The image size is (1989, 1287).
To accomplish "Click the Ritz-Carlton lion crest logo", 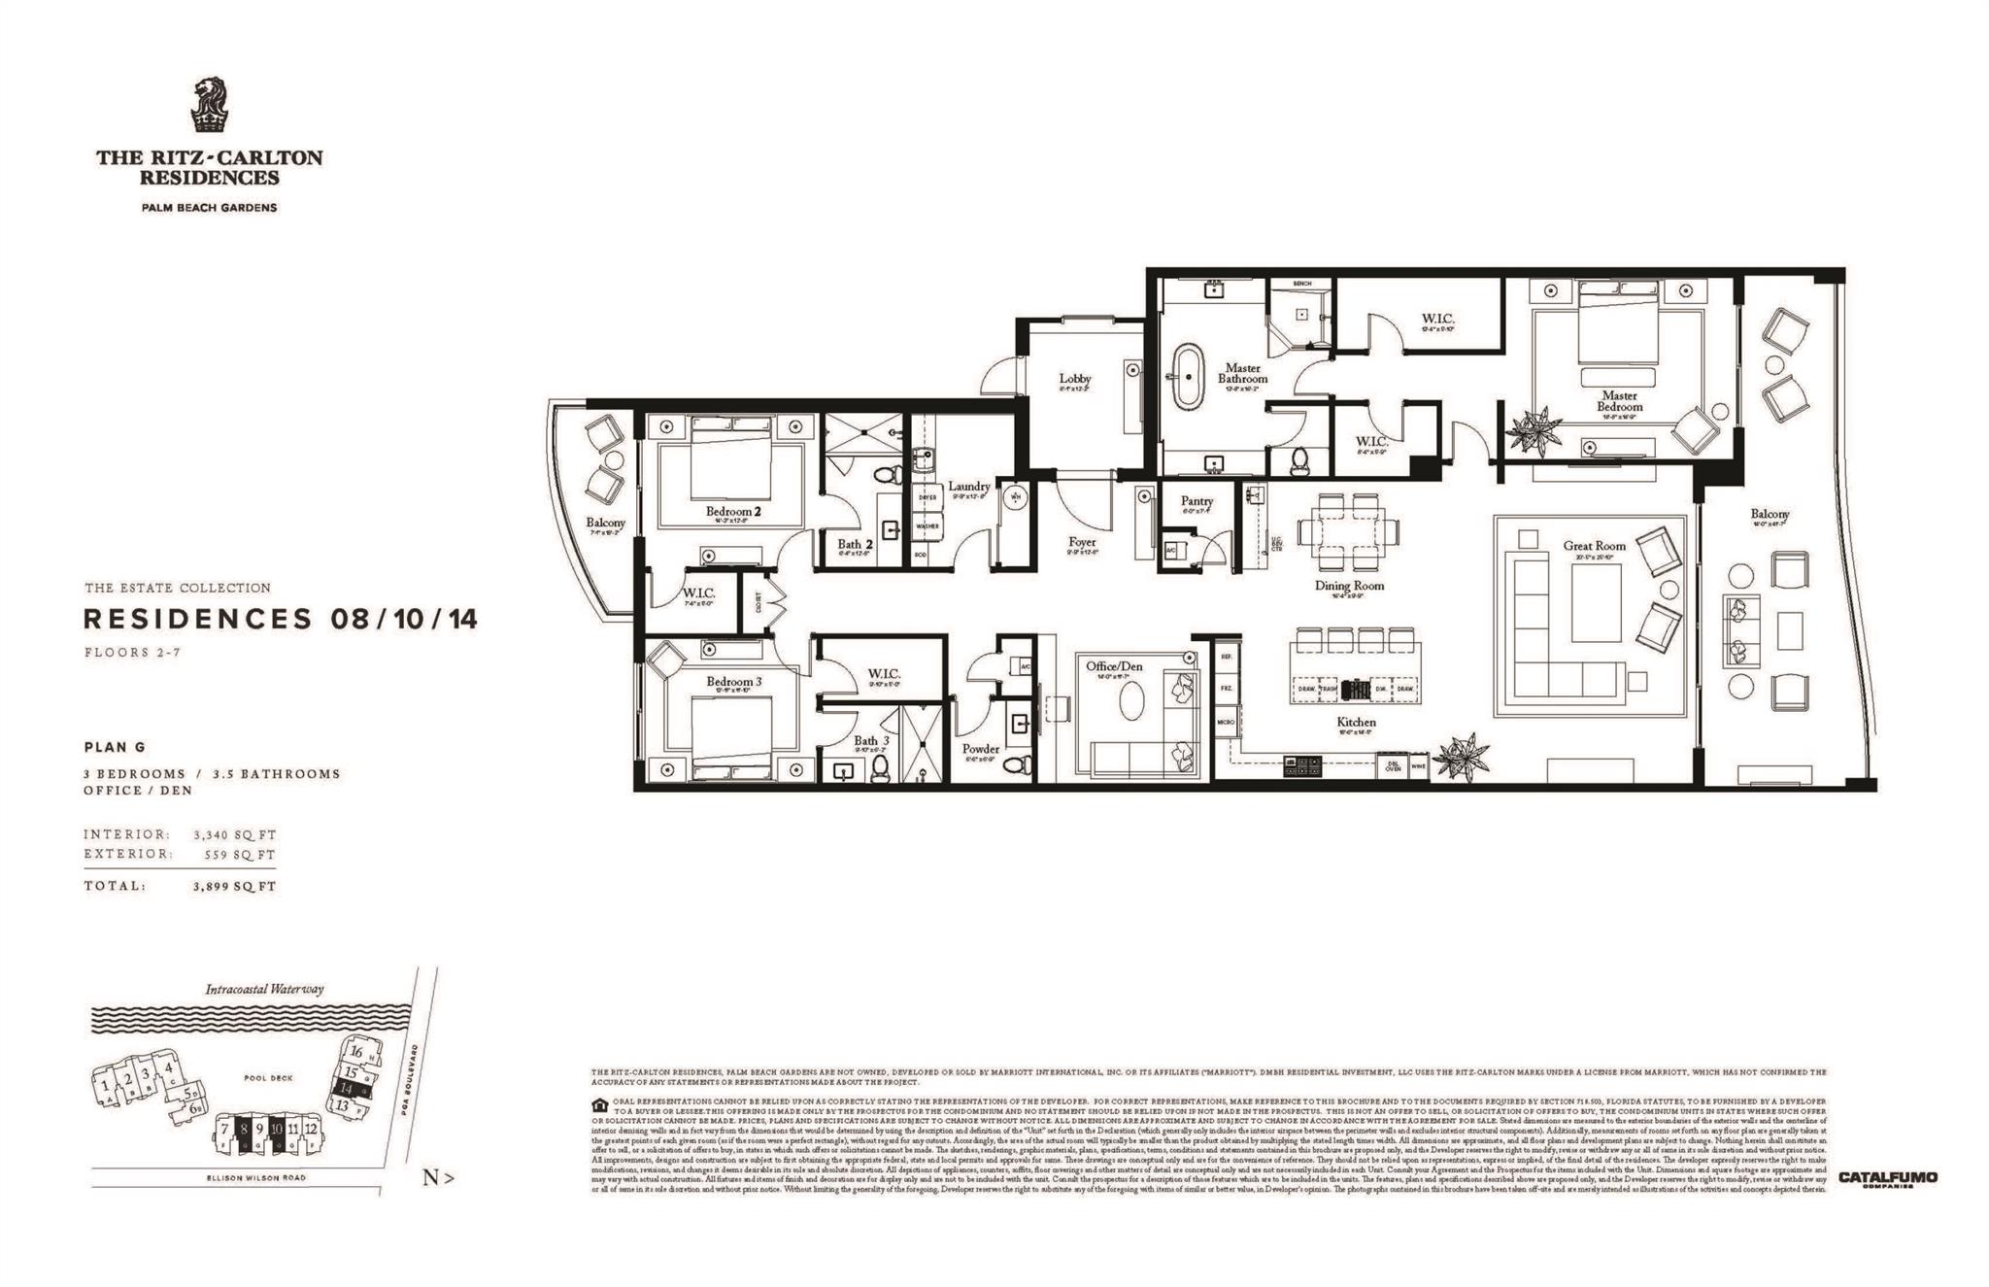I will click(x=209, y=105).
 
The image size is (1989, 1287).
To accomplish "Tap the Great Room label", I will click(x=1594, y=546).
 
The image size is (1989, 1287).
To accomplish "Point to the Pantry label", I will click(x=1197, y=501).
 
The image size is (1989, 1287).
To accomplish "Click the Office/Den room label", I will click(x=1114, y=666).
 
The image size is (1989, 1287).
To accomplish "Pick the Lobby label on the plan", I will click(x=1075, y=378).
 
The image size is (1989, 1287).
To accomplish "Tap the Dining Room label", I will click(x=1349, y=586).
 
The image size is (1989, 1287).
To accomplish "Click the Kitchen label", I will click(x=1356, y=722).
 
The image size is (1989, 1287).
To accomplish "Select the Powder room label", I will click(x=981, y=749).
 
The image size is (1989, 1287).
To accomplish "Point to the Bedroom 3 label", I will click(x=733, y=682).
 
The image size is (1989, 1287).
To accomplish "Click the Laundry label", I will click(x=968, y=486).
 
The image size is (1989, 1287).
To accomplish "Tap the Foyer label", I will click(x=1081, y=542).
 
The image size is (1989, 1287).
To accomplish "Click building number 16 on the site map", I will click(x=356, y=1052).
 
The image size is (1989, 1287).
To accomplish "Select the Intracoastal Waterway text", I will click(x=264, y=990).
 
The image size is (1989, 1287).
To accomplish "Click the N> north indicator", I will click(x=438, y=1178).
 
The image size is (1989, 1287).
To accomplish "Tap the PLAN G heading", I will click(x=113, y=747).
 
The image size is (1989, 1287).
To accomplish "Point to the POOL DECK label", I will click(x=269, y=1077).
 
